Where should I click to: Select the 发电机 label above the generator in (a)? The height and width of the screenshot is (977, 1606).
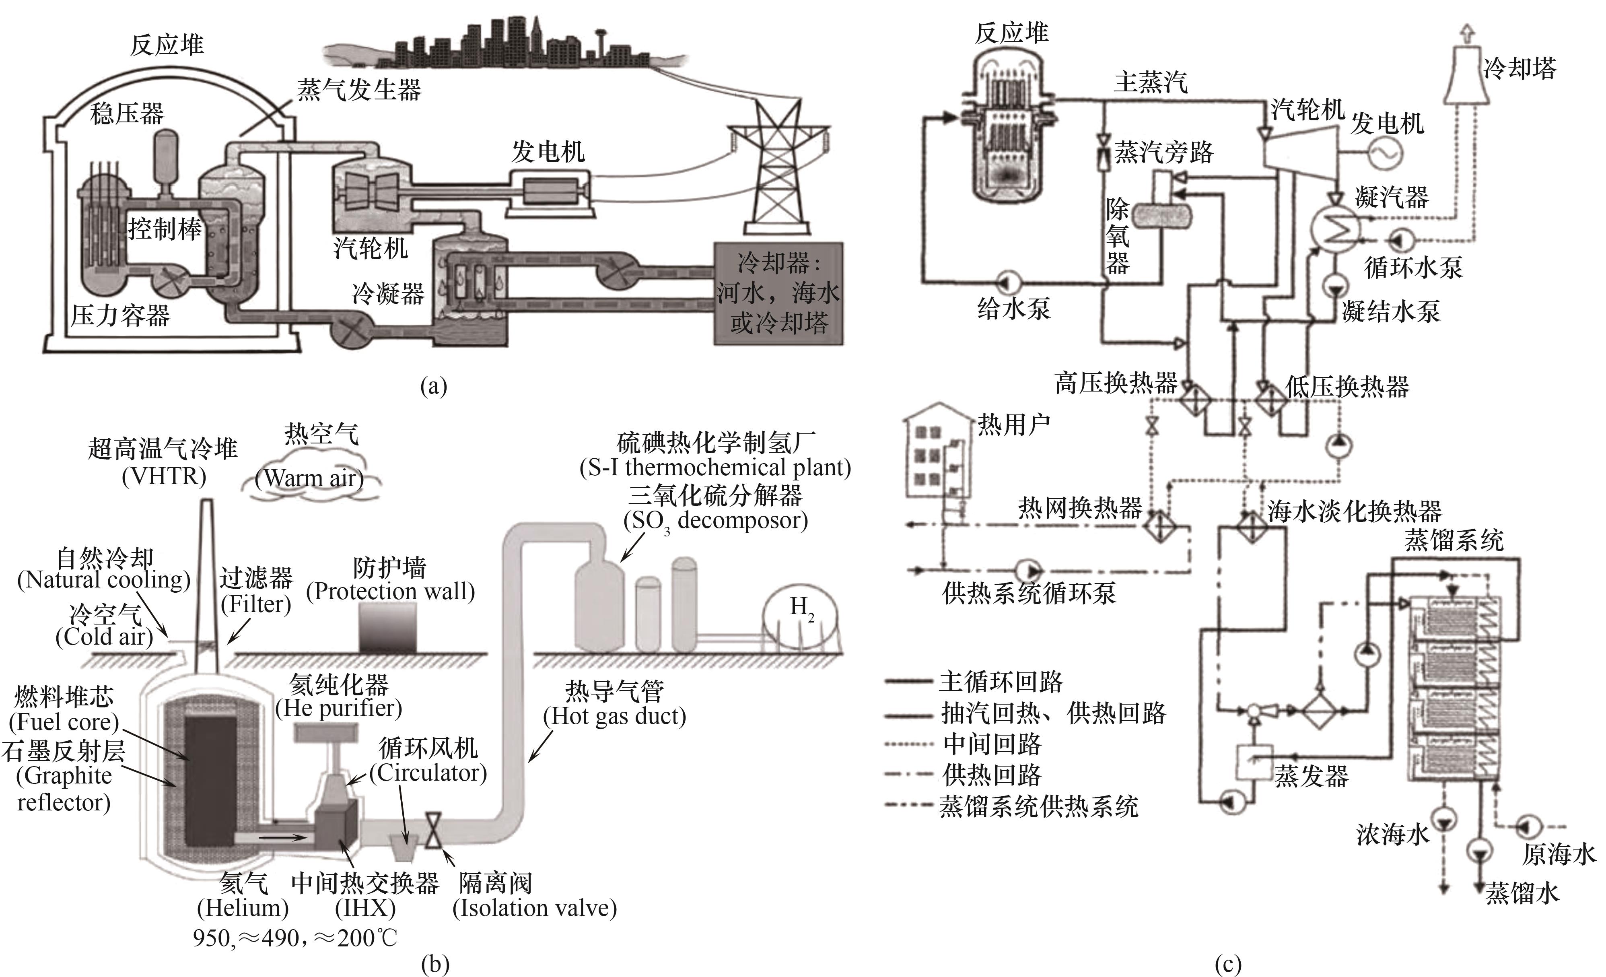coord(548,152)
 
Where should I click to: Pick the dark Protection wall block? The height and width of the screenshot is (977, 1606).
coord(388,627)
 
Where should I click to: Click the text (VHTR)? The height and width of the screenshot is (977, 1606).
coord(164,476)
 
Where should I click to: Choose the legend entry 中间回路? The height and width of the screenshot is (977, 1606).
coord(991,744)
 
